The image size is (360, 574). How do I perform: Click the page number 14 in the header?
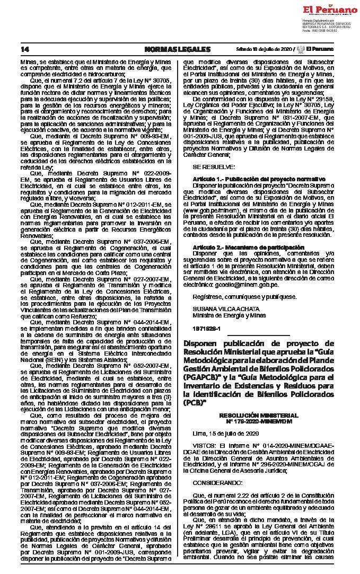click(x=24, y=49)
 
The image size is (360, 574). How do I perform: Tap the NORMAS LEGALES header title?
click(x=177, y=49)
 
